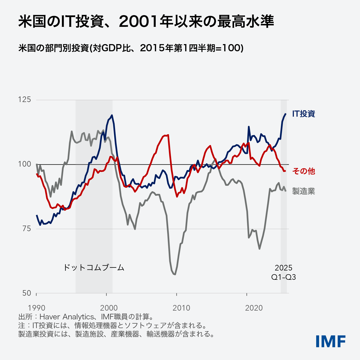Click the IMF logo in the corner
click(331, 341)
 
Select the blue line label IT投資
click(303, 114)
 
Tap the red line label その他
click(303, 171)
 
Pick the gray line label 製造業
click(303, 191)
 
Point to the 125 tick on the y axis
click(24, 100)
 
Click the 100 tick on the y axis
click(24, 164)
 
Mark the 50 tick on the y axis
click(27, 293)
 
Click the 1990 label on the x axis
click(36, 308)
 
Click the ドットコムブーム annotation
click(94, 268)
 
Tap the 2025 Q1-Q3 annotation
click(283, 272)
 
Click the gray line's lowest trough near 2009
click(175, 274)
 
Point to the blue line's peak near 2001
click(112, 115)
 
